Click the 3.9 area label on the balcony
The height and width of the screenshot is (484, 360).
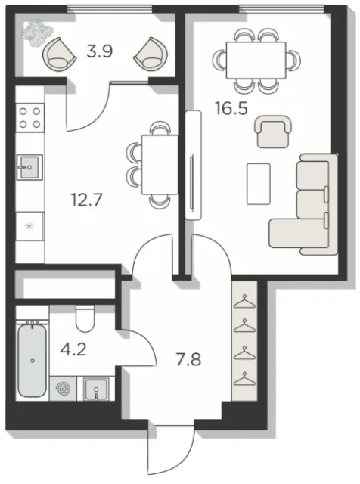click(99, 51)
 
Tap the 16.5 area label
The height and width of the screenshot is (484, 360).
click(231, 108)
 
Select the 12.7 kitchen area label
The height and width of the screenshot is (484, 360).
click(86, 200)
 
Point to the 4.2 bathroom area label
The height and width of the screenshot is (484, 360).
click(73, 350)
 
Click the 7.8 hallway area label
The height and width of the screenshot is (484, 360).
click(188, 359)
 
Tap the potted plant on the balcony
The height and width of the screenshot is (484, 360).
click(37, 33)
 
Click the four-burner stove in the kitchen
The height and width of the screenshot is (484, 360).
click(30, 118)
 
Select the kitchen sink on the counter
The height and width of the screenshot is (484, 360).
click(29, 167)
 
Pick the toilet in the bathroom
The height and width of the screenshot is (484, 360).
click(85, 318)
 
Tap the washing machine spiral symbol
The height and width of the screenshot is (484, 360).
click(63, 389)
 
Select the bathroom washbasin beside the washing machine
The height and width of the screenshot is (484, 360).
click(96, 389)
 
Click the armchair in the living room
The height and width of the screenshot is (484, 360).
click(273, 131)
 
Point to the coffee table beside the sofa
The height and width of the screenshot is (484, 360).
click(259, 184)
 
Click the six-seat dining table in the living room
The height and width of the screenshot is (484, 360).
click(256, 60)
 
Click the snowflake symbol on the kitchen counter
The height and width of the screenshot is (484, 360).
click(29, 228)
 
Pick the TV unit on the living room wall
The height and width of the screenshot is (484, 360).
click(194, 165)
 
